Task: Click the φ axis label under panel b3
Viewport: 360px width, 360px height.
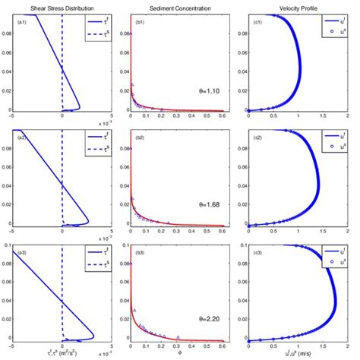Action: point(181,353)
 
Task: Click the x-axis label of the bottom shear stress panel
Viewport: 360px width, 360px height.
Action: point(65,353)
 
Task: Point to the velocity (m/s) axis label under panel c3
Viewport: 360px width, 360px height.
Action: point(298,353)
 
